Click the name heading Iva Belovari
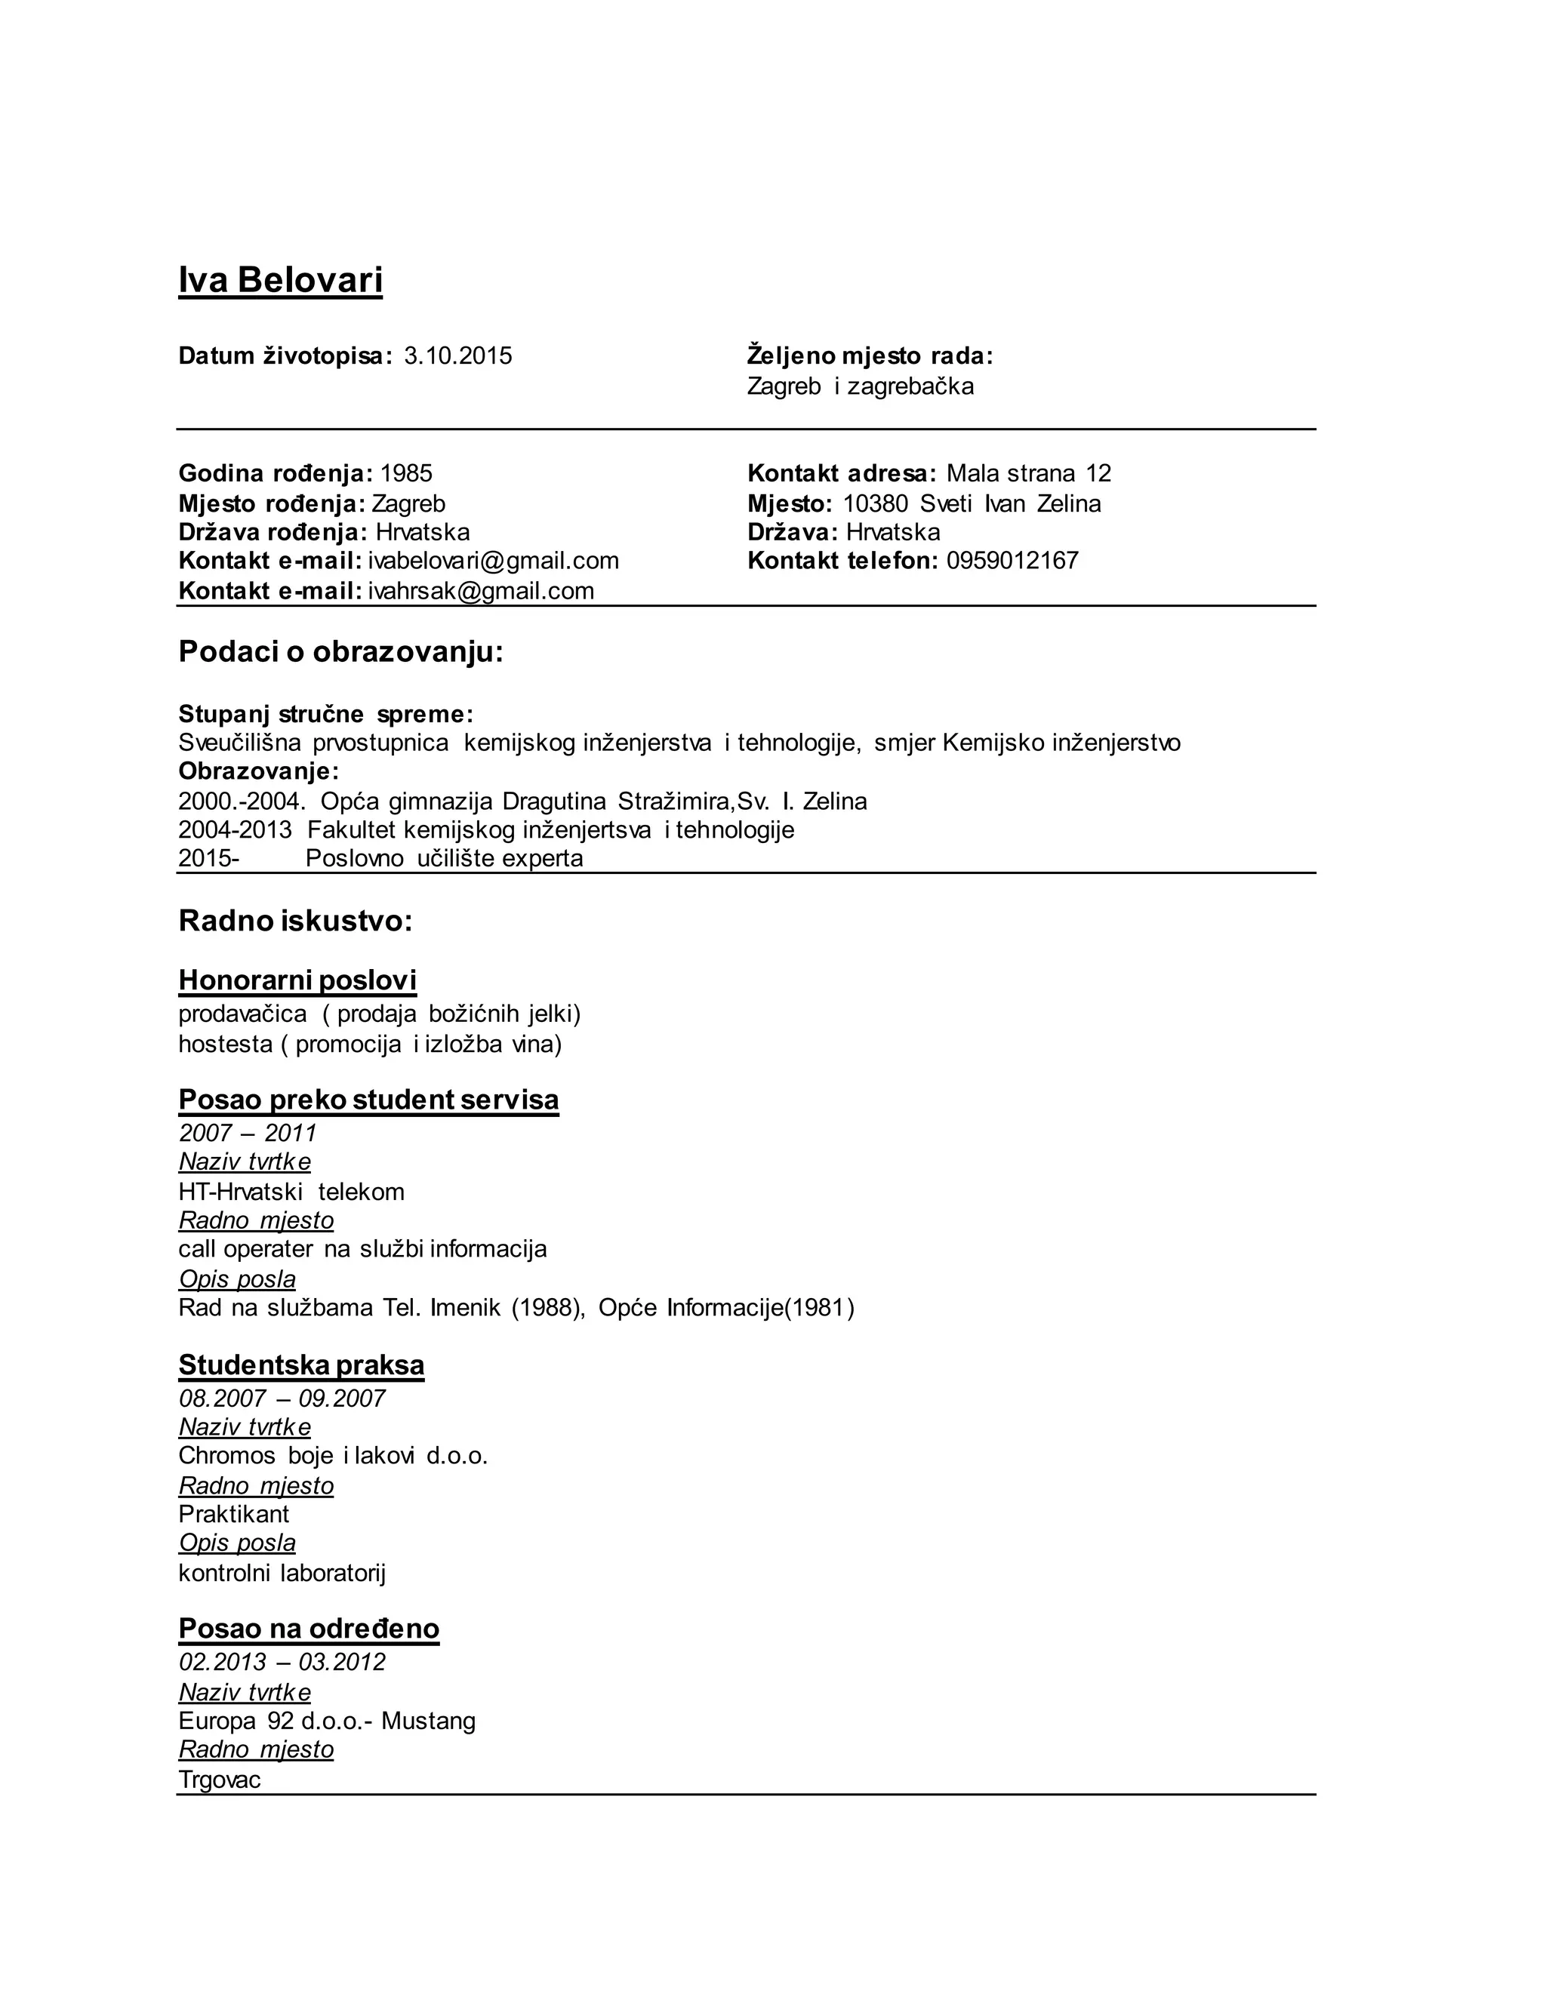click(280, 279)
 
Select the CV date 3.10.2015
click(458, 356)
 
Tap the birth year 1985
click(405, 473)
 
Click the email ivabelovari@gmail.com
click(494, 561)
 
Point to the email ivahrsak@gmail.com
click(481, 591)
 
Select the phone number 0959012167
click(1012, 561)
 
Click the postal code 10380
click(875, 503)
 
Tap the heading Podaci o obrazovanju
click(340, 652)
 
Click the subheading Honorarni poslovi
click(297, 980)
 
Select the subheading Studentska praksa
click(301, 1365)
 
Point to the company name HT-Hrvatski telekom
click(291, 1192)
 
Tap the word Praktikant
click(233, 1514)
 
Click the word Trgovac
click(220, 1780)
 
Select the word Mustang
click(429, 1721)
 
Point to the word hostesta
click(225, 1044)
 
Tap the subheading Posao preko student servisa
click(368, 1099)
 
